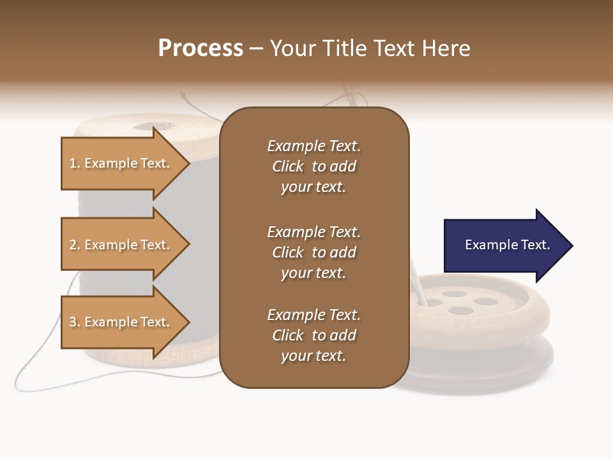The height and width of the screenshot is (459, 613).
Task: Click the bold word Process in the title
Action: coord(201,48)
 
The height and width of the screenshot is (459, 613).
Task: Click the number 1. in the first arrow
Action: coord(75,163)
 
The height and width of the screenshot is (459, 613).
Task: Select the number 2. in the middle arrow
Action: coord(75,245)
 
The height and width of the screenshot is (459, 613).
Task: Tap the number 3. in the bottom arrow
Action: coord(75,322)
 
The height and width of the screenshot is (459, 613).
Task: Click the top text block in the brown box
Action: coord(314,166)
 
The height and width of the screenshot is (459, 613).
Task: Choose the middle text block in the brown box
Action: coord(314,252)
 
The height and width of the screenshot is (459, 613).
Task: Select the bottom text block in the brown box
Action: coord(314,335)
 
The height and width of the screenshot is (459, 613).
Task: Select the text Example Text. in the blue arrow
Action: coord(507,245)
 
